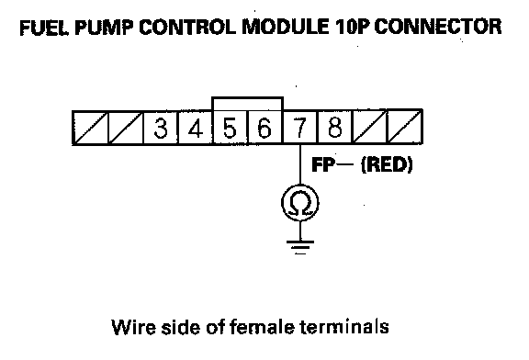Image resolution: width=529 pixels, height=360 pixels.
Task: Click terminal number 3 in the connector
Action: click(x=161, y=128)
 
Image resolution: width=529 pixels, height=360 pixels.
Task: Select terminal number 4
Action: click(x=196, y=128)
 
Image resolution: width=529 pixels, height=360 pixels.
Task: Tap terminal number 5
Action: click(x=231, y=128)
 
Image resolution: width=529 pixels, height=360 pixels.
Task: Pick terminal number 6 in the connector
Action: click(x=265, y=128)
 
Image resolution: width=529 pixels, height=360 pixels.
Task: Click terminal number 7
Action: click(x=300, y=128)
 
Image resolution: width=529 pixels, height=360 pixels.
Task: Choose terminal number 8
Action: click(x=334, y=128)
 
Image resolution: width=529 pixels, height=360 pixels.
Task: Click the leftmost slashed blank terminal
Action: click(x=90, y=128)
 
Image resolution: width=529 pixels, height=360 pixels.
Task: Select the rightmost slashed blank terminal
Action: click(x=405, y=128)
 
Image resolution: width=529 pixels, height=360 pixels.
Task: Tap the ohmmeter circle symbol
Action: click(x=300, y=203)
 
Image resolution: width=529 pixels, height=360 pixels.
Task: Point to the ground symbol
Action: click(x=300, y=247)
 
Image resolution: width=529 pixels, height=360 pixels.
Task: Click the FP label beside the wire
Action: click(x=323, y=165)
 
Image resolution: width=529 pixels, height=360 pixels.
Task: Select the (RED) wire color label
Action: click(x=387, y=165)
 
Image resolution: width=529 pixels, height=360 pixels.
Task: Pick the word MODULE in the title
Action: click(x=286, y=27)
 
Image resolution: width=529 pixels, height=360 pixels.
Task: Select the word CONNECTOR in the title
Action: click(x=438, y=27)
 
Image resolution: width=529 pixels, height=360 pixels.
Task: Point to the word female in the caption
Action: click(x=262, y=327)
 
